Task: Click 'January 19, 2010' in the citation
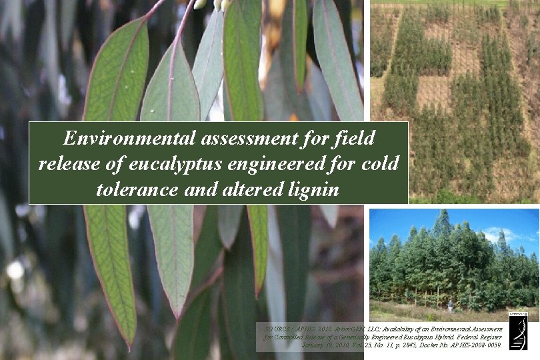(x=324, y=346)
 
